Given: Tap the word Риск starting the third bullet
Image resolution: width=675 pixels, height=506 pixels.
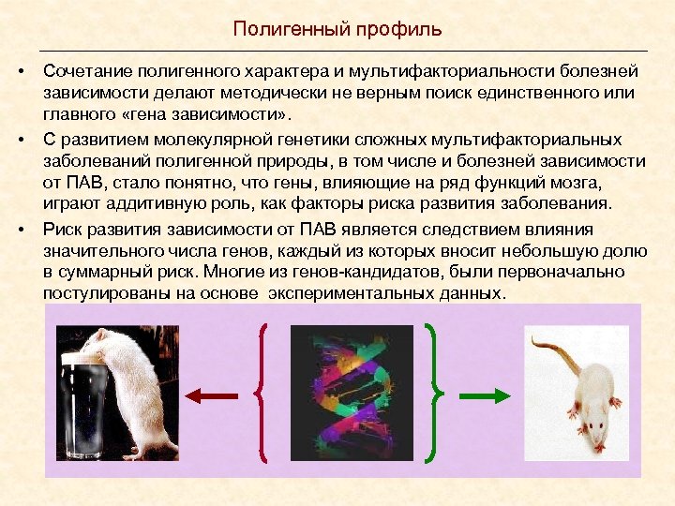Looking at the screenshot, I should click(x=61, y=230).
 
